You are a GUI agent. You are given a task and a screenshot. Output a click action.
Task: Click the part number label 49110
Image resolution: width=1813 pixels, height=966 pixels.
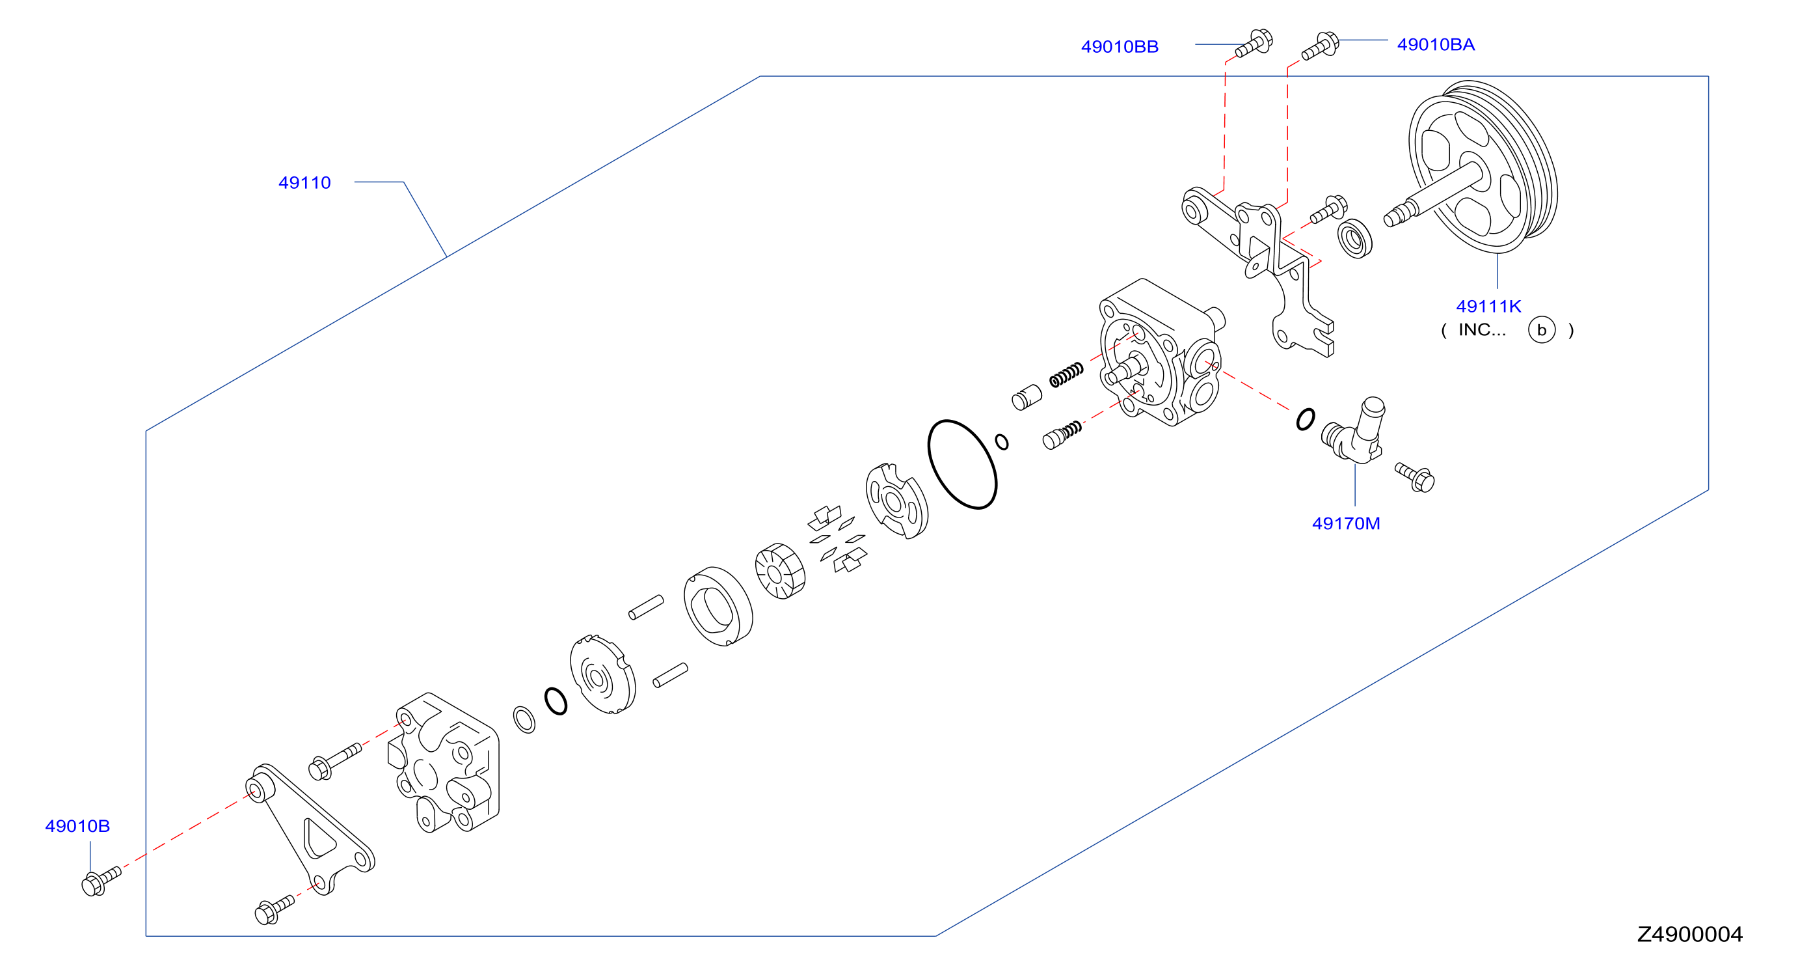(x=304, y=183)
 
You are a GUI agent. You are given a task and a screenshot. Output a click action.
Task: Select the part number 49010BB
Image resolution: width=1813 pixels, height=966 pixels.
(x=1119, y=46)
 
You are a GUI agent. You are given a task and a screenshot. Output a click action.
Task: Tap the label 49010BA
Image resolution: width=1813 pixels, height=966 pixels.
(x=1435, y=44)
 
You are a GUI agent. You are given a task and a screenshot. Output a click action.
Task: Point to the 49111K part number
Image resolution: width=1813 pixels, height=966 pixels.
(x=1488, y=307)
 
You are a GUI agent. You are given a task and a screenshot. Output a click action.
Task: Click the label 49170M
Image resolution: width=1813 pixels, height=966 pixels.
(x=1346, y=523)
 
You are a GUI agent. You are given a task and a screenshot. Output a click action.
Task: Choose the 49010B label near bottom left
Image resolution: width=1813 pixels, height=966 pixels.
(x=77, y=826)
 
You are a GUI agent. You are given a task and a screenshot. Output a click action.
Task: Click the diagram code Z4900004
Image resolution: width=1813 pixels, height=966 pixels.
(x=1689, y=934)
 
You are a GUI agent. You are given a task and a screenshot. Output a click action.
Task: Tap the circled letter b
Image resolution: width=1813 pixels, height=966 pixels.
(x=1541, y=329)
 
